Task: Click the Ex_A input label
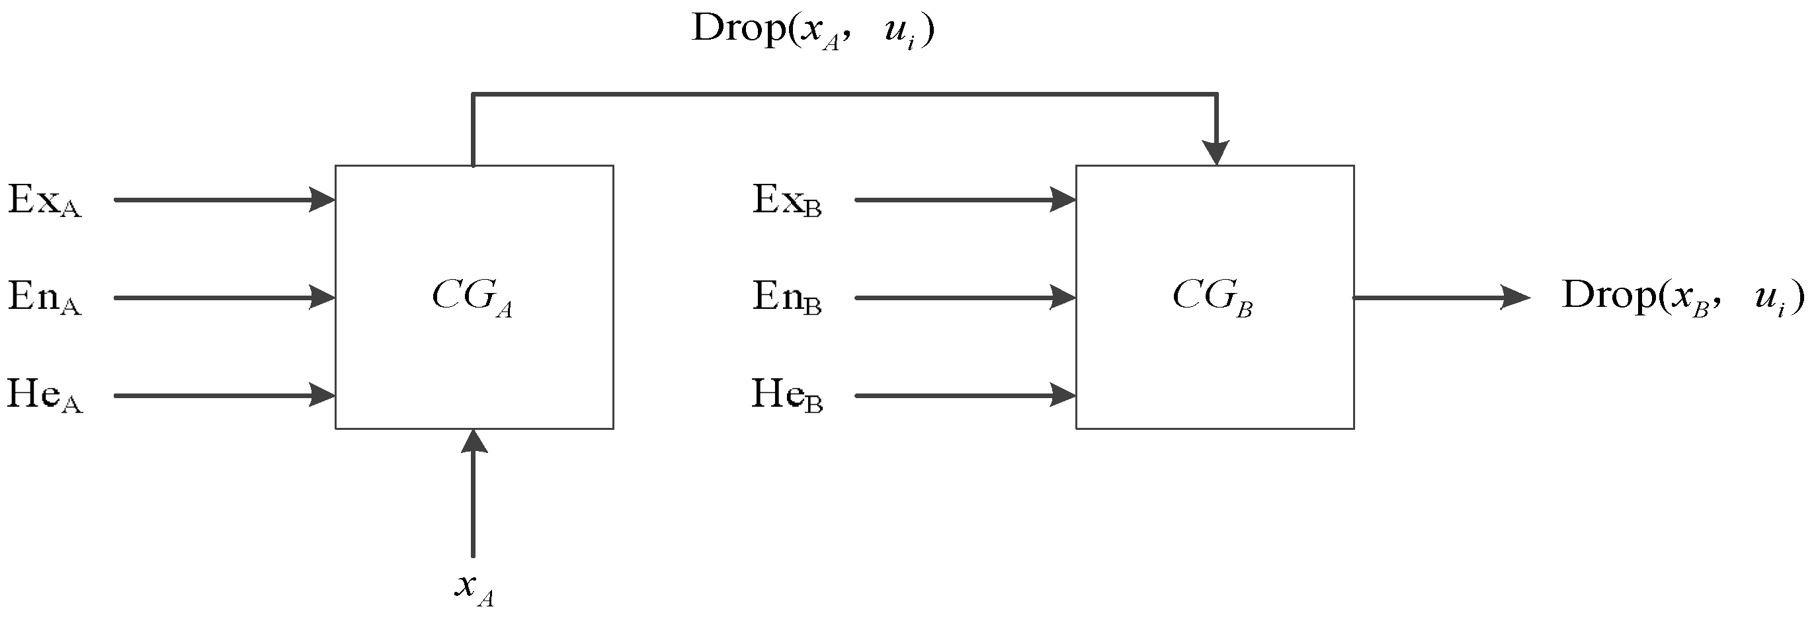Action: [x=44, y=200]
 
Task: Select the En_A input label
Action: [x=44, y=297]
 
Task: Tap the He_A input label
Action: [x=44, y=395]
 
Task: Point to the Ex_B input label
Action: [x=786, y=200]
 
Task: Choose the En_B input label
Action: [x=786, y=297]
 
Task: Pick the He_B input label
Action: [x=786, y=395]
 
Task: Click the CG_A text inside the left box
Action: [x=472, y=296]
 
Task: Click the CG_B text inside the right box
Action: [x=1212, y=296]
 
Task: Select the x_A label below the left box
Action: [x=474, y=588]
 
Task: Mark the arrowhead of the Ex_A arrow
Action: [x=323, y=200]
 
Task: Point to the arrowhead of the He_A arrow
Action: [x=323, y=395]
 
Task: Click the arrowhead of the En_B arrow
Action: [x=1063, y=298]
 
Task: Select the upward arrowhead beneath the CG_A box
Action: [x=474, y=442]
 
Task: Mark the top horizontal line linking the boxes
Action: [x=843, y=94]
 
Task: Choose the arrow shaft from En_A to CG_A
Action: [x=212, y=298]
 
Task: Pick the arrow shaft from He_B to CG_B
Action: [x=953, y=395]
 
